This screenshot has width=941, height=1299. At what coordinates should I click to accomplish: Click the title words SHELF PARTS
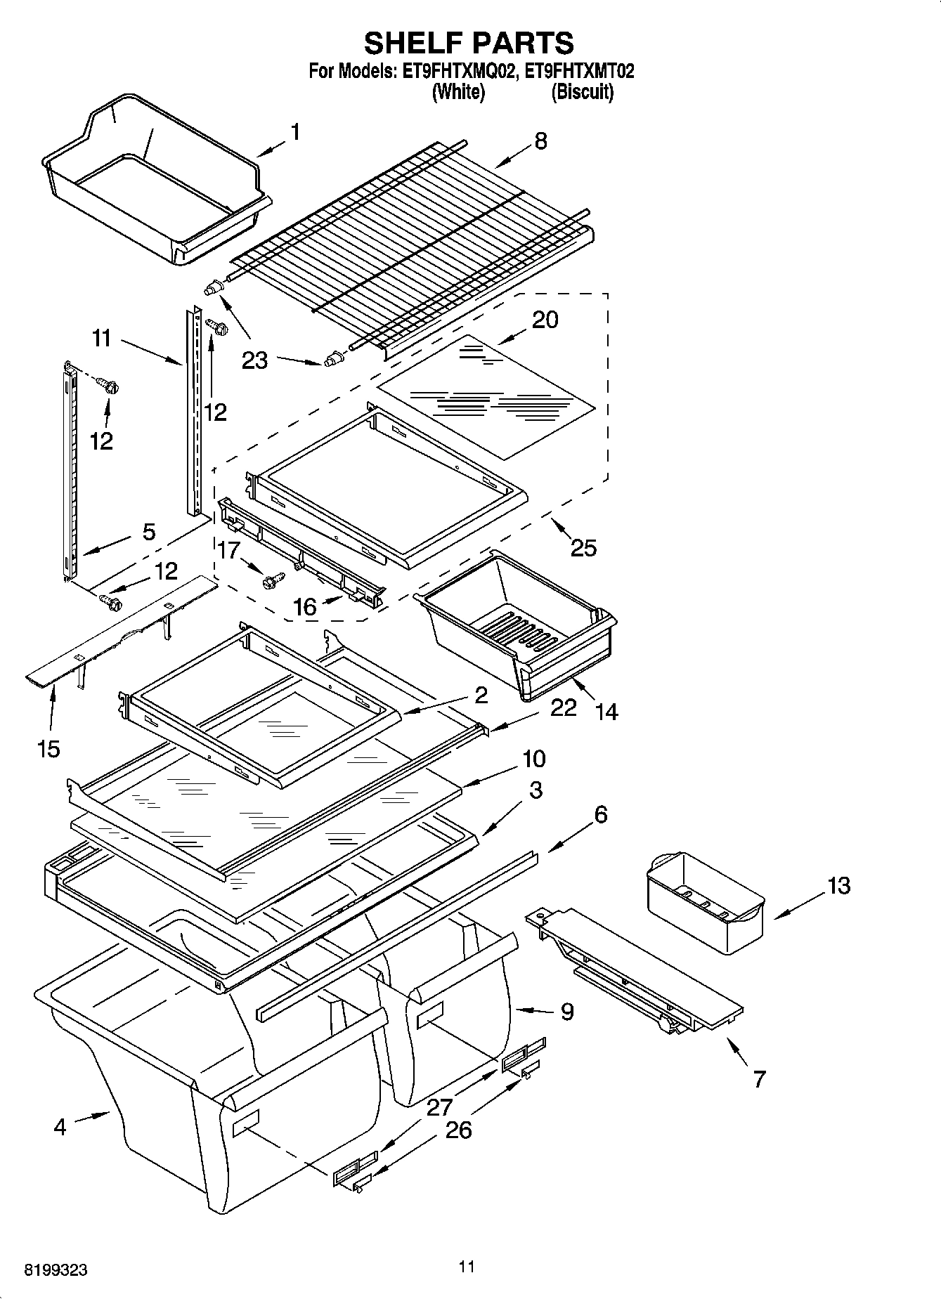point(469,43)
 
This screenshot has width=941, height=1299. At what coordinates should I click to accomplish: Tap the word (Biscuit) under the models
point(582,92)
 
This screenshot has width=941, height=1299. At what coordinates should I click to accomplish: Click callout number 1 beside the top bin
point(296,132)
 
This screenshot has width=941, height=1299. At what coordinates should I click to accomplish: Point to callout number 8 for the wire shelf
point(540,141)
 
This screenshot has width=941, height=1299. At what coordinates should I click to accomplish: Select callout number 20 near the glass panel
point(545,320)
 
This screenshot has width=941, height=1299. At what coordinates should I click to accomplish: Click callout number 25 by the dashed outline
point(583,547)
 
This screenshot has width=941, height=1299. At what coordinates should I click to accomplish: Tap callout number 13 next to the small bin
point(838,885)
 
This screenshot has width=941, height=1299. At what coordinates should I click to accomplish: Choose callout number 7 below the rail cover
point(759,1078)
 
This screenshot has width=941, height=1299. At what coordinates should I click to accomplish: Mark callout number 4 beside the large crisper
point(60,1127)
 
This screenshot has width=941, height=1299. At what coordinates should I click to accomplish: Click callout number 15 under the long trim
point(48,749)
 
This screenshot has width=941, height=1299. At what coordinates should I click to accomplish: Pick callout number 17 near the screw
point(229,549)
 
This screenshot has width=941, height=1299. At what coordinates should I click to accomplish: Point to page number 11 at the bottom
point(466,1267)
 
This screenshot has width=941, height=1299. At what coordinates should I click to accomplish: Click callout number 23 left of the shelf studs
point(254,360)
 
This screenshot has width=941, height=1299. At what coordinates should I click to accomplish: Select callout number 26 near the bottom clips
point(457,1130)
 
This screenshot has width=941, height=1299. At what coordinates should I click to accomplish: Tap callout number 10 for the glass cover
point(533,759)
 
